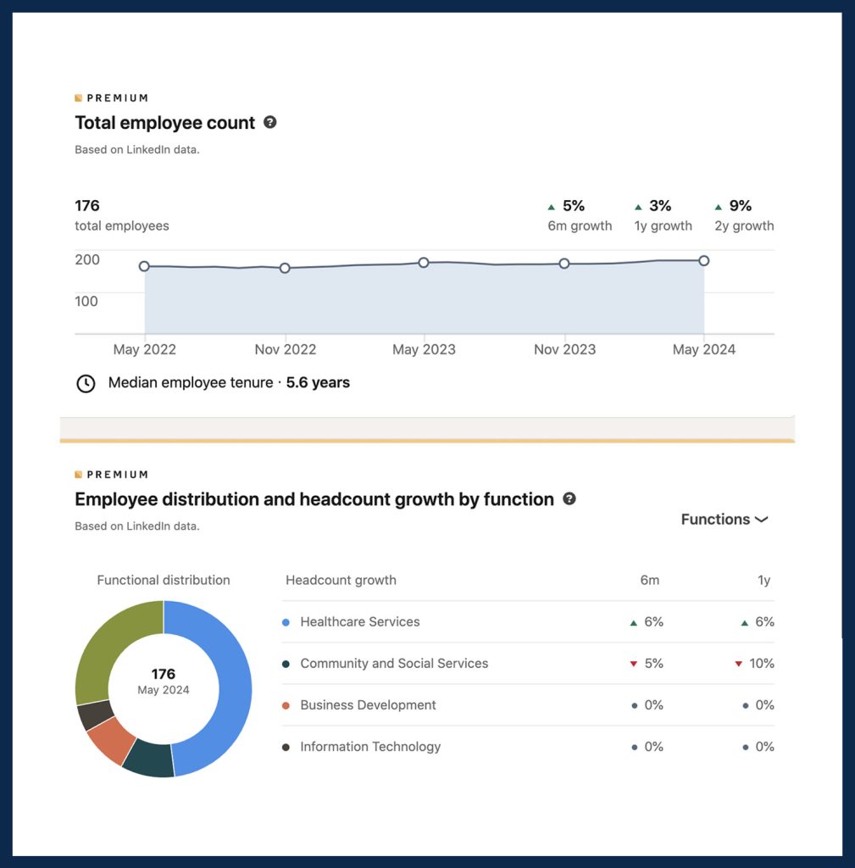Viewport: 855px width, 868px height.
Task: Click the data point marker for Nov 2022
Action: coord(285,268)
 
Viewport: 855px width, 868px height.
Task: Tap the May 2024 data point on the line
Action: coord(703,261)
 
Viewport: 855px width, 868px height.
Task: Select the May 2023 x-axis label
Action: coord(425,349)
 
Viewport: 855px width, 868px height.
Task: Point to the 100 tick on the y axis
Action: coord(87,301)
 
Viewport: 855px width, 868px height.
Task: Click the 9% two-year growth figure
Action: coord(740,206)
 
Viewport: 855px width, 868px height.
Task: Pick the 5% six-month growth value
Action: coord(574,206)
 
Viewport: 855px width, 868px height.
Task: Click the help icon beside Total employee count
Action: coord(269,122)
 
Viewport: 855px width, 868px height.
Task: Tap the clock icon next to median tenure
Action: coord(86,383)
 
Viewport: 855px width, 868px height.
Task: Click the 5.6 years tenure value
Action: coord(318,382)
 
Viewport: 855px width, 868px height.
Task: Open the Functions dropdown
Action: coord(725,520)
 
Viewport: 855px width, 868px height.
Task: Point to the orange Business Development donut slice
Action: coord(111,739)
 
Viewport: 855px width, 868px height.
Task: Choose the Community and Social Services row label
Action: coord(394,664)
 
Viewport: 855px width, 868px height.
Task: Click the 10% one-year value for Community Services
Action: coord(761,664)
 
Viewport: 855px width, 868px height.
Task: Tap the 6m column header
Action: coord(649,581)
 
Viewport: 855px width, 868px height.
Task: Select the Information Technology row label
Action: coord(370,747)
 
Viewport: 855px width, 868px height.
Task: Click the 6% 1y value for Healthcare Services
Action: coord(764,622)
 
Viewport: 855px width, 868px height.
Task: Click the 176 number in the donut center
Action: coord(164,675)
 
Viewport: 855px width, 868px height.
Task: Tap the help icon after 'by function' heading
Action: coord(569,498)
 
